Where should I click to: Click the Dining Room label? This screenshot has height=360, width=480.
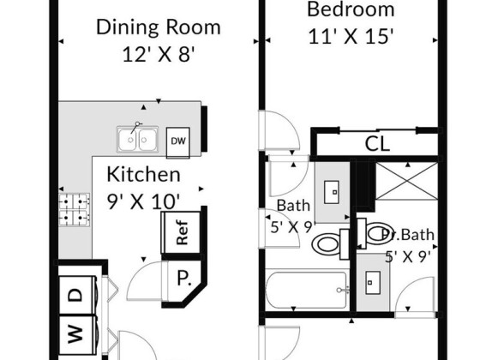(159, 27)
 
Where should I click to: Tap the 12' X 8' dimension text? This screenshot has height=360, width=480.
(159, 55)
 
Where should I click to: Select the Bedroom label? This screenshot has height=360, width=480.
(351, 9)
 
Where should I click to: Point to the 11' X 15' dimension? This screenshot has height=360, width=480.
(351, 37)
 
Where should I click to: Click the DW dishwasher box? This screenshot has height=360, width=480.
(178, 142)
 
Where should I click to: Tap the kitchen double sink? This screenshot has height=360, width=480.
(137, 139)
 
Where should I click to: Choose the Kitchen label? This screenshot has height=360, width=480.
(144, 175)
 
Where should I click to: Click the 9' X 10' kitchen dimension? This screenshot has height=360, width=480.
(143, 201)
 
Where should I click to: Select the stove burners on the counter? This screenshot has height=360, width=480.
(75, 210)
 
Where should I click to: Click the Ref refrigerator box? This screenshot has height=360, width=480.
(181, 232)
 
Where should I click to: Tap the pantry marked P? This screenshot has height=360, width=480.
(184, 279)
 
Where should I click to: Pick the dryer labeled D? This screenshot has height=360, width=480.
(78, 295)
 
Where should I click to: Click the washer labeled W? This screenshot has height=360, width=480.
(78, 334)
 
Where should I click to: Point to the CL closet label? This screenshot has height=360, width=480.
(377, 143)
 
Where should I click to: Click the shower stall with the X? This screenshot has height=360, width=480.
(407, 181)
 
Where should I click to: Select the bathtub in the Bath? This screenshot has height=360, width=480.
(307, 290)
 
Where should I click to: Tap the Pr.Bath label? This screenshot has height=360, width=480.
(408, 235)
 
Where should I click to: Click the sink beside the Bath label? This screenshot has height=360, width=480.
(332, 192)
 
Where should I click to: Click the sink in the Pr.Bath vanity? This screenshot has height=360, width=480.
(373, 283)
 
